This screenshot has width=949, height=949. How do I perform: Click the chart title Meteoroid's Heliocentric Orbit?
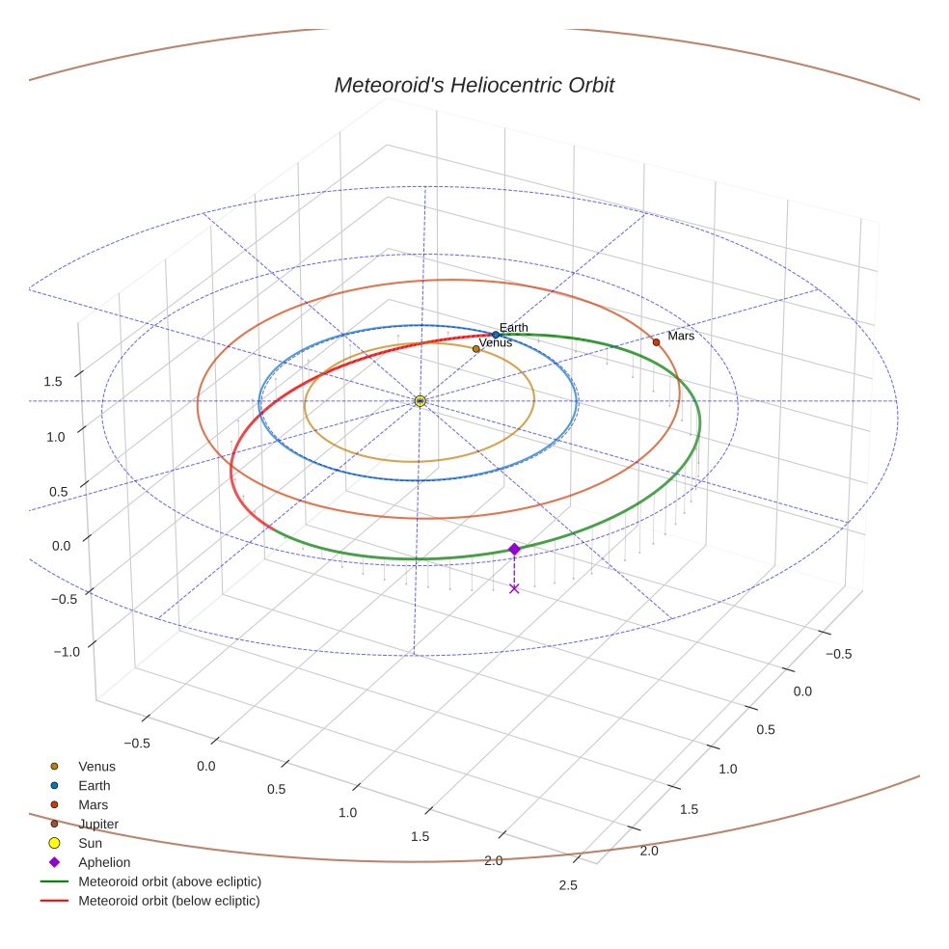(x=474, y=85)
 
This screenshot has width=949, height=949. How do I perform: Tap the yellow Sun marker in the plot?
(x=420, y=400)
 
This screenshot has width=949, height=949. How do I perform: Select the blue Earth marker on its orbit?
(x=496, y=335)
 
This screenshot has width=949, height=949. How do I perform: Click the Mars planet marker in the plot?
(x=656, y=342)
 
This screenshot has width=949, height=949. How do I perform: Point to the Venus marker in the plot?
(x=475, y=349)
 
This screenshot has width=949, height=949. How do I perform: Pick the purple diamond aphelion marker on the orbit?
(x=514, y=549)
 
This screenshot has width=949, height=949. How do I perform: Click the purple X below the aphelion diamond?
(x=514, y=588)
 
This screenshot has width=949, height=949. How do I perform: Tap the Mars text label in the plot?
(x=681, y=336)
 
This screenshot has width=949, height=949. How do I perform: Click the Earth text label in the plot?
(x=513, y=328)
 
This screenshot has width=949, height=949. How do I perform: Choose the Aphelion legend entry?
(x=103, y=862)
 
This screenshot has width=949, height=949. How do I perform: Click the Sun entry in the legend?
(x=90, y=843)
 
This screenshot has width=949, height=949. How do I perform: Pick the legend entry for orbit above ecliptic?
(x=169, y=881)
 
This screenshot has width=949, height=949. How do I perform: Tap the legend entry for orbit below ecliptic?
(x=169, y=901)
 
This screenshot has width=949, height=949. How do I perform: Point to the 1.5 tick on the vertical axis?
(x=53, y=382)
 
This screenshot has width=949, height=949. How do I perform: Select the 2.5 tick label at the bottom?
(x=568, y=886)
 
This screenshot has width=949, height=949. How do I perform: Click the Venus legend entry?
(x=96, y=767)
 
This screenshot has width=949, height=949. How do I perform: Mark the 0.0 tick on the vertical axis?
(x=62, y=545)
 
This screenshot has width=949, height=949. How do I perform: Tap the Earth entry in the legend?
(x=94, y=786)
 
